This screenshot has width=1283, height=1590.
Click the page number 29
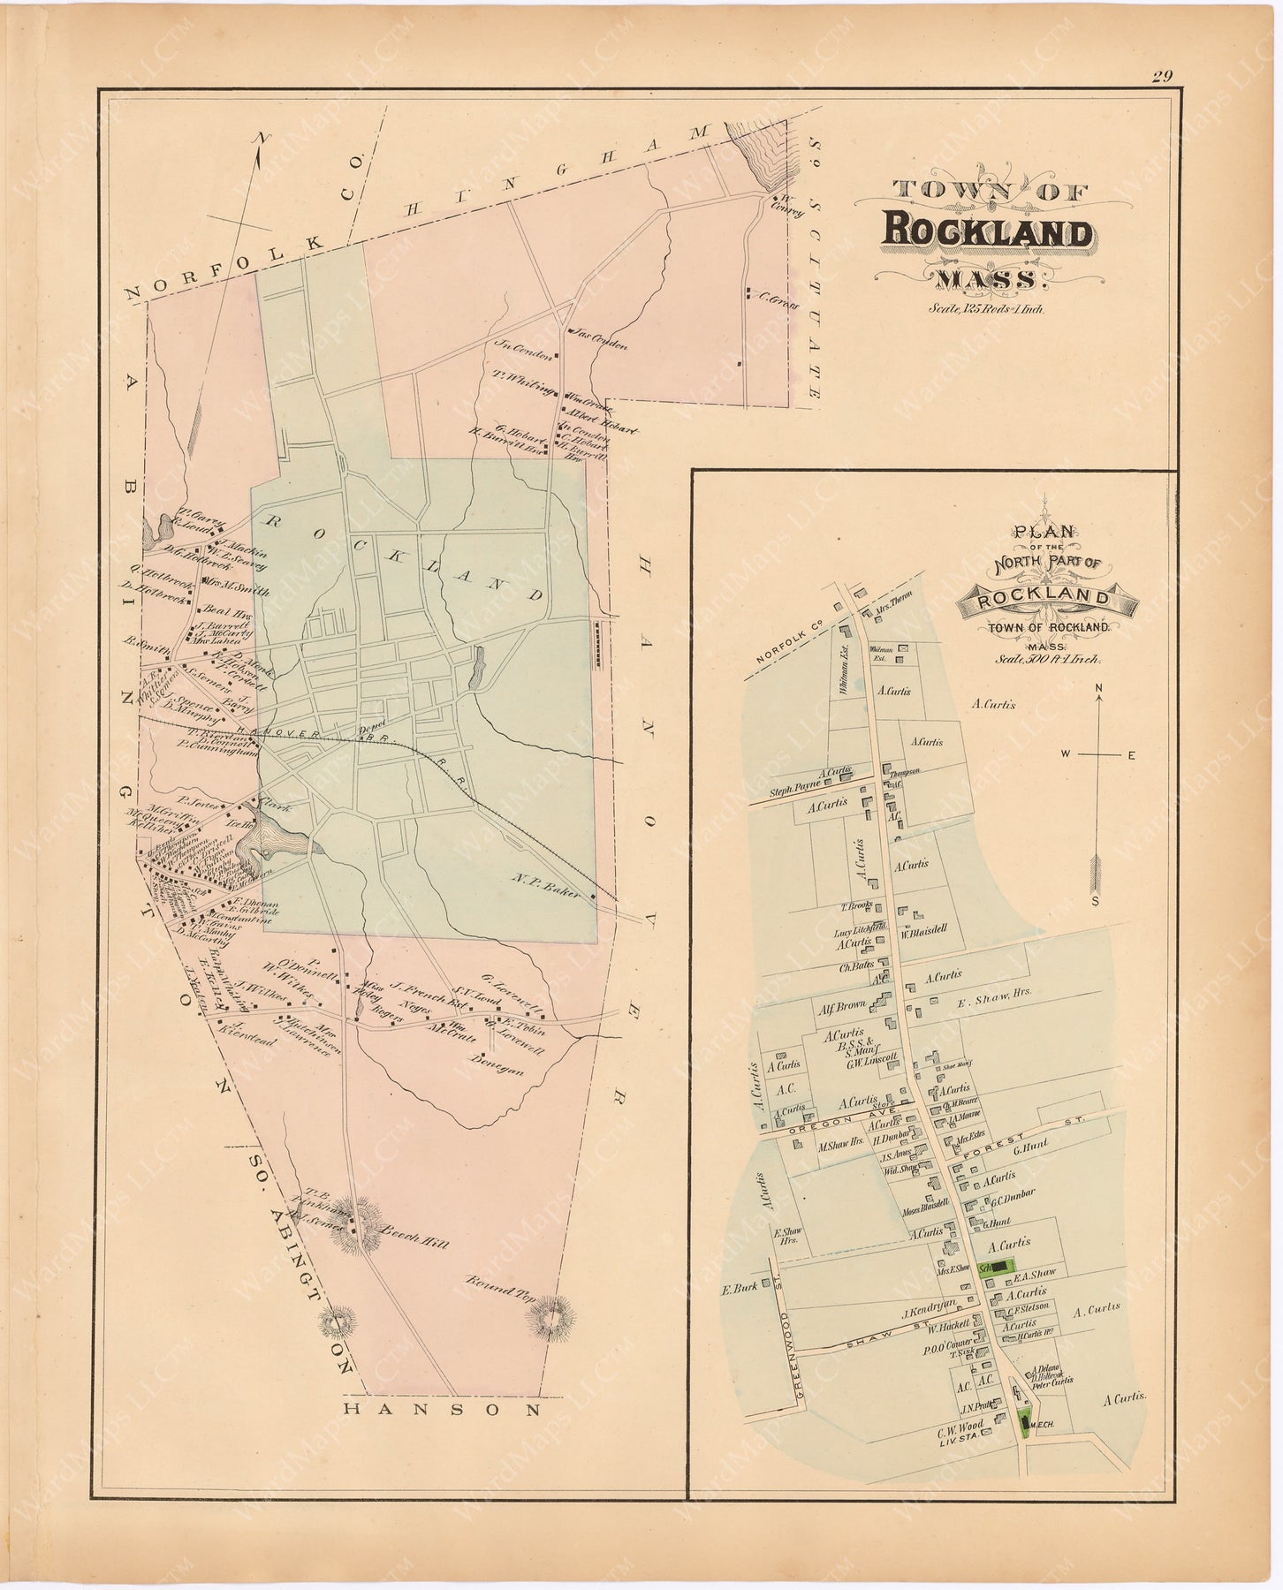(1162, 77)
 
